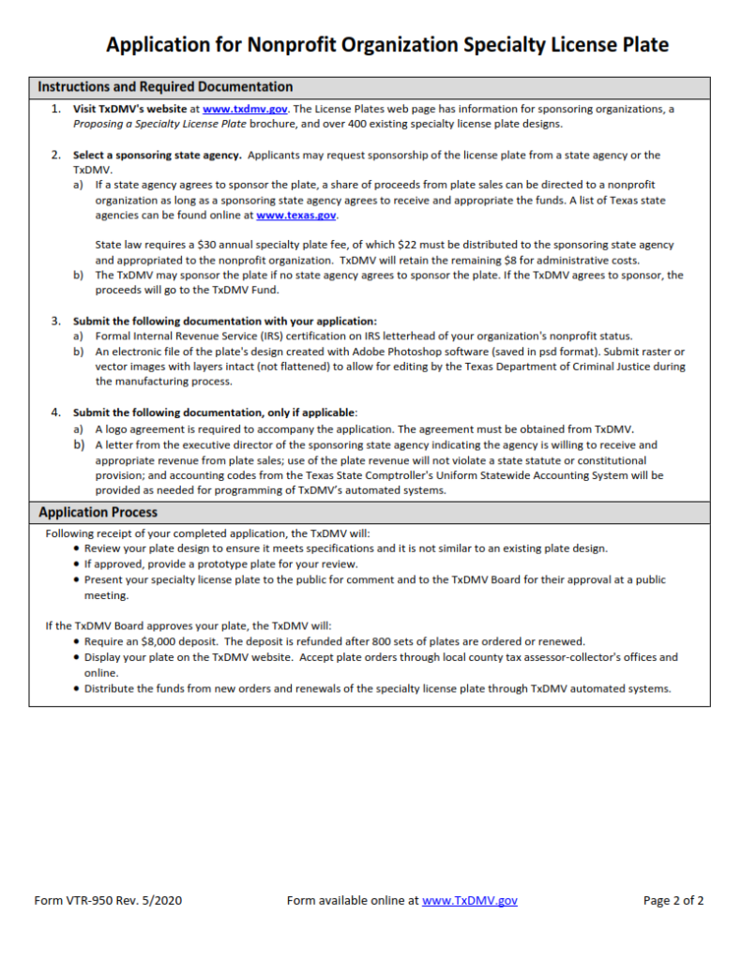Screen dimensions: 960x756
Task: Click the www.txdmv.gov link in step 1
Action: pyautogui.click(x=245, y=109)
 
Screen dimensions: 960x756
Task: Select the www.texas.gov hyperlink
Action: pyautogui.click(x=295, y=215)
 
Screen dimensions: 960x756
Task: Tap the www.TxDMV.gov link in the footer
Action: pyautogui.click(x=469, y=900)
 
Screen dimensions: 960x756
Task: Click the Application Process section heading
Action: pyautogui.click(x=98, y=512)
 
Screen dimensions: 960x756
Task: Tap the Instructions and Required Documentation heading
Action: pyautogui.click(x=165, y=86)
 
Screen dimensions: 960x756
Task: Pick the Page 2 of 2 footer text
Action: pyautogui.click(x=673, y=900)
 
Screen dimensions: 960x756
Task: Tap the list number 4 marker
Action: pyautogui.click(x=54, y=412)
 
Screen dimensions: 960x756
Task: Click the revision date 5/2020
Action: pyautogui.click(x=161, y=900)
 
